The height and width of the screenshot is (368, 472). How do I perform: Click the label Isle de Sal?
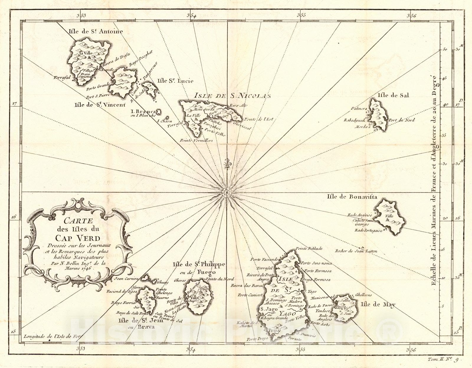click(393, 95)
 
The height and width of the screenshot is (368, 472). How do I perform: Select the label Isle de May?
click(377, 305)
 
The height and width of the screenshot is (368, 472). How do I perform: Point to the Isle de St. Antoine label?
click(95, 31)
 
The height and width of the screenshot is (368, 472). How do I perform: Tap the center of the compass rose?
click(227, 193)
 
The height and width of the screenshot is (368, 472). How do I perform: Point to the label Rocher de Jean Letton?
click(356, 251)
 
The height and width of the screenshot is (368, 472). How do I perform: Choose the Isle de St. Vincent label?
click(100, 105)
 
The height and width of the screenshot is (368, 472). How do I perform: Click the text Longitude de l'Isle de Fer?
click(54, 336)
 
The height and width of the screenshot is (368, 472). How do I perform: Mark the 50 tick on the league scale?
click(445, 50)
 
